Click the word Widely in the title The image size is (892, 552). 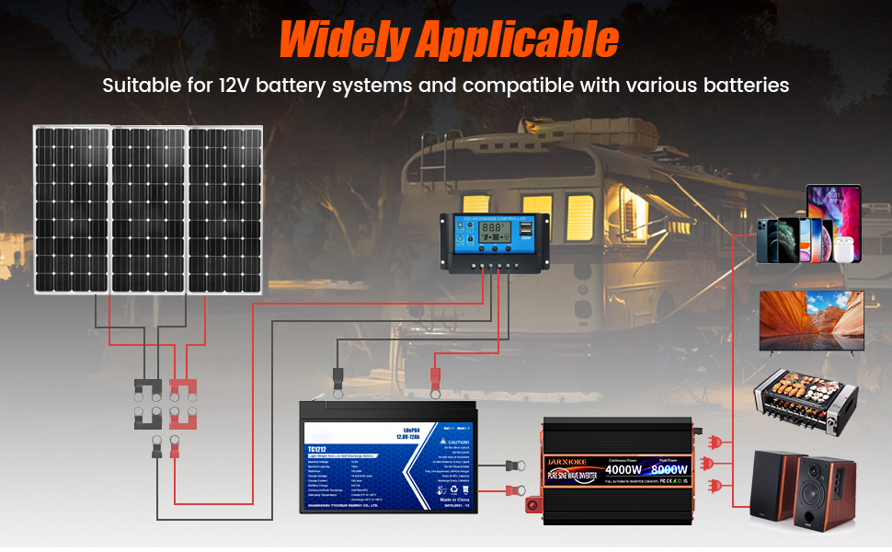coord(341,40)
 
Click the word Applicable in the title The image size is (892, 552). coord(518,40)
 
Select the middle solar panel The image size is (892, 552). coord(148,210)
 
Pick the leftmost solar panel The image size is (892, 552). coord(71,210)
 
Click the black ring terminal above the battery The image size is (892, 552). coord(336,376)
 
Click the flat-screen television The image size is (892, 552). coord(810,320)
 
